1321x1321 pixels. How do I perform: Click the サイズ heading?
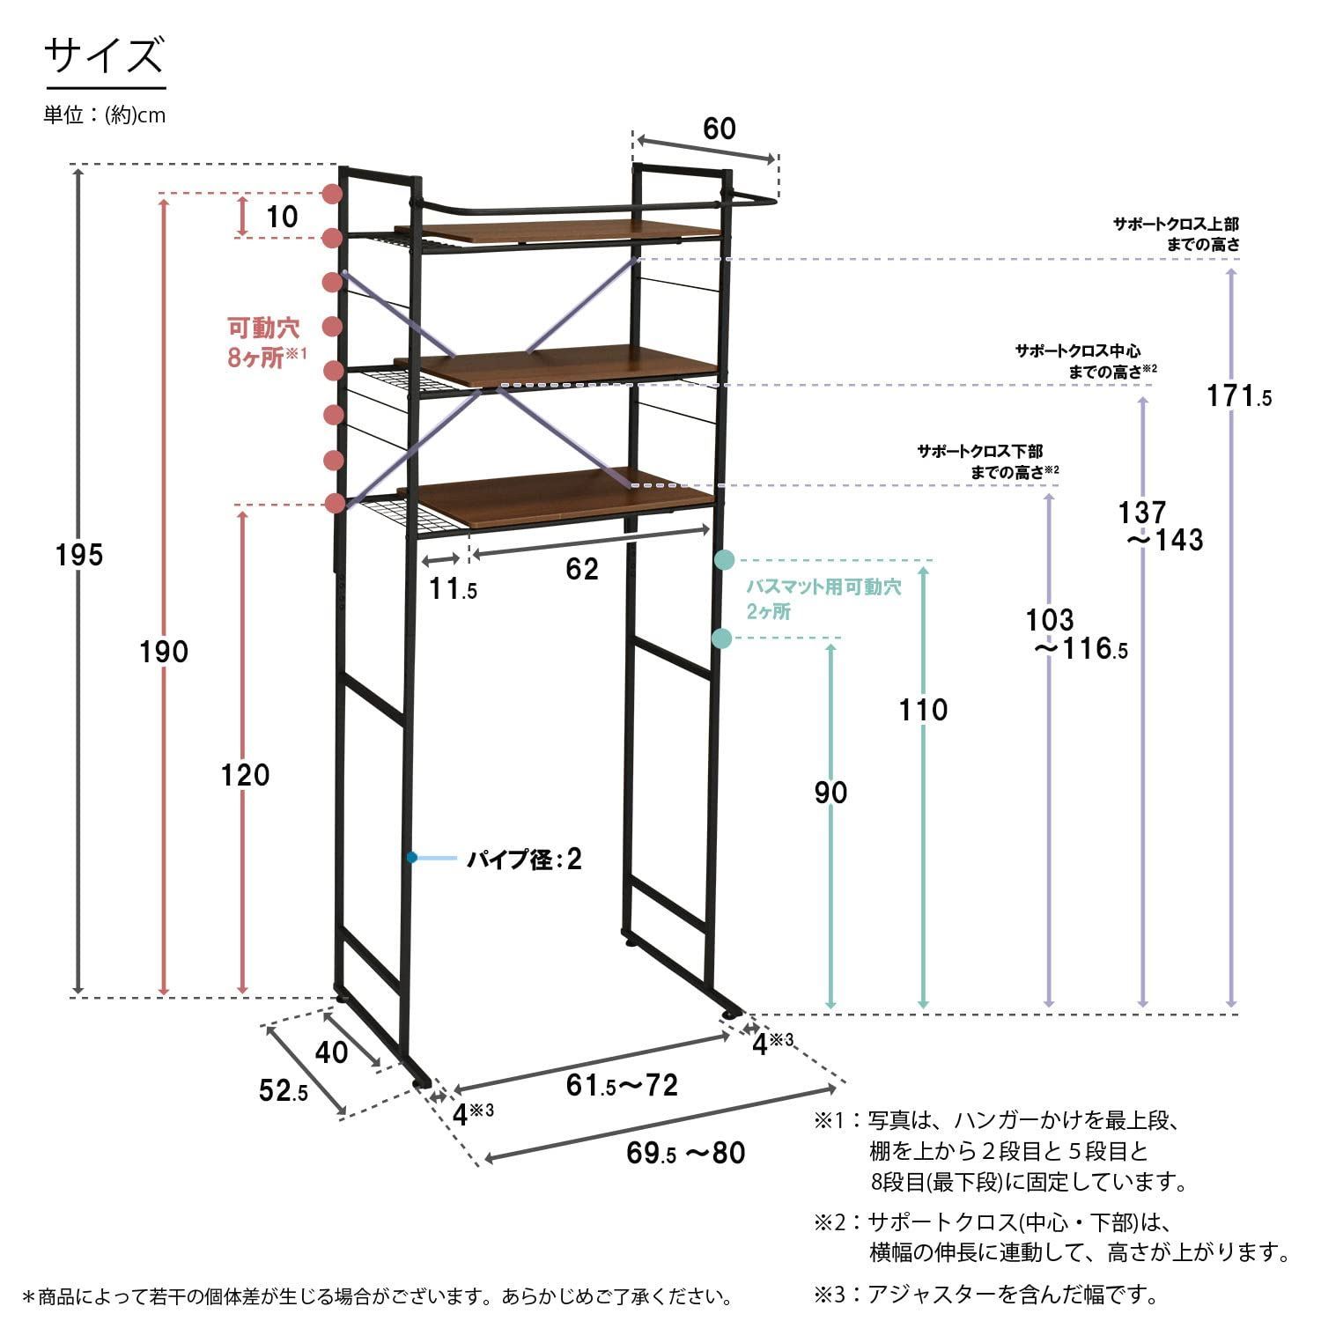click(104, 55)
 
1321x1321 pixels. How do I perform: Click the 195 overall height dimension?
click(79, 555)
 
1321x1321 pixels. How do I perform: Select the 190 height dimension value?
click(165, 652)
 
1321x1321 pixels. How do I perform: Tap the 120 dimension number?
click(246, 775)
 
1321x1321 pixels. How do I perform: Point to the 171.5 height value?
click(1239, 396)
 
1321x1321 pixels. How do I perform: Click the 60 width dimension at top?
click(720, 129)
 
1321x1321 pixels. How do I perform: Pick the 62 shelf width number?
click(582, 568)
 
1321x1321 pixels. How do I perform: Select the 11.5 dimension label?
click(454, 588)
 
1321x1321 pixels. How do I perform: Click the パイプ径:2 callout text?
click(525, 859)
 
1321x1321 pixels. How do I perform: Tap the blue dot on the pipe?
click(411, 857)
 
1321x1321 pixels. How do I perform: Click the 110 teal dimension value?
click(923, 709)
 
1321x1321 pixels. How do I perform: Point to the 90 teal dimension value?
click(830, 793)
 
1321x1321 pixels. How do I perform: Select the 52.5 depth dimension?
click(284, 1091)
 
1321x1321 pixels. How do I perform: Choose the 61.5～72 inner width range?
click(622, 1085)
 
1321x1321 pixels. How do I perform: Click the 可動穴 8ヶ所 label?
click(264, 343)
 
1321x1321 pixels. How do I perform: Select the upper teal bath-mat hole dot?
click(725, 559)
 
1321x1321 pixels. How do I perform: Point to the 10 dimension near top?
click(282, 216)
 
